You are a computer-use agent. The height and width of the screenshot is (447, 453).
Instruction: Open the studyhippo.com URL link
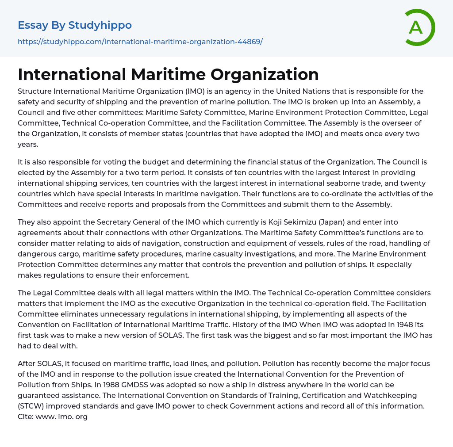140,42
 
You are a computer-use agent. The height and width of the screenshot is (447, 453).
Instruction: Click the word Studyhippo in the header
100,26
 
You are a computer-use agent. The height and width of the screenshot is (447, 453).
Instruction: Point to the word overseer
397,123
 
